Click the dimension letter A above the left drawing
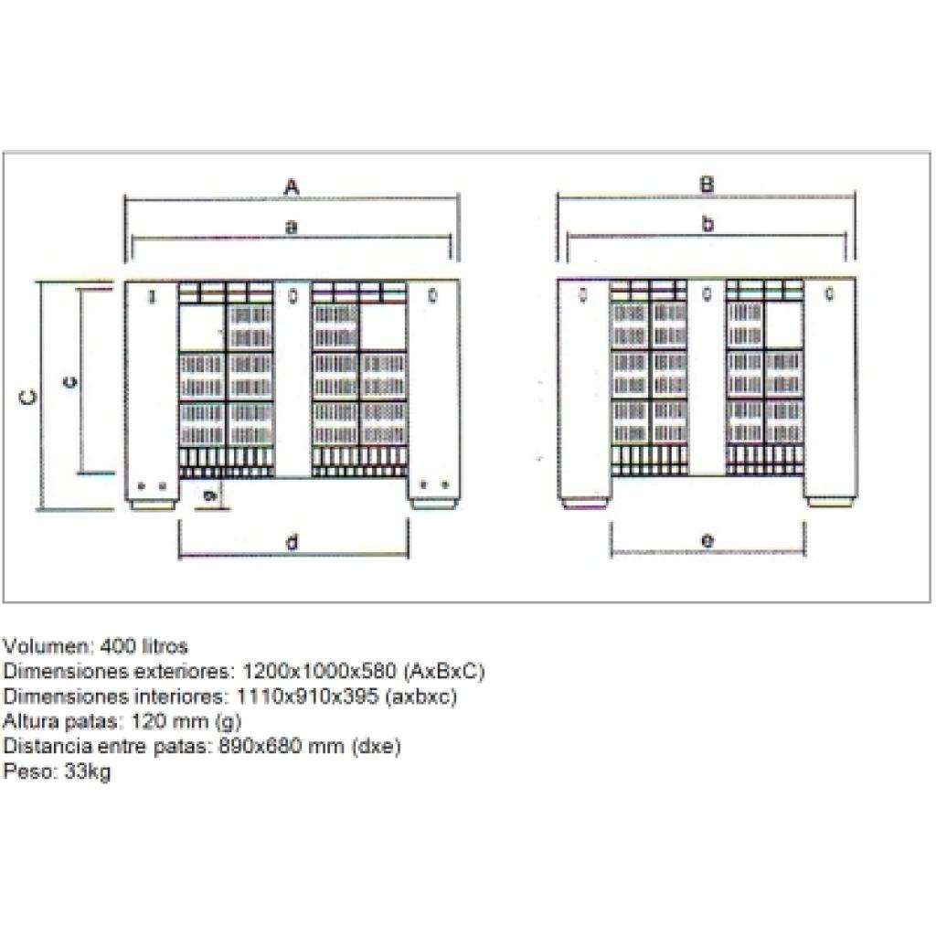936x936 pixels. (292, 187)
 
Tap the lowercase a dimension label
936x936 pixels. (292, 227)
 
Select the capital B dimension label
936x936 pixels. (707, 185)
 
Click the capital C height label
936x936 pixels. (28, 397)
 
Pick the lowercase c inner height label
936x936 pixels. (69, 382)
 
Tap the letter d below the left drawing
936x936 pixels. (292, 542)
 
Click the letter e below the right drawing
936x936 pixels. (707, 541)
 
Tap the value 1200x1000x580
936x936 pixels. (319, 671)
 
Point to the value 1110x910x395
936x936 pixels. (307, 696)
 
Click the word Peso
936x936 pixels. (29, 771)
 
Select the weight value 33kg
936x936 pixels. (87, 771)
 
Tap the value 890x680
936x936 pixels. (260, 746)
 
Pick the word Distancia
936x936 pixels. (48, 746)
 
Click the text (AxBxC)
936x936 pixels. (444, 672)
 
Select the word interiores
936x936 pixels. (180, 696)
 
